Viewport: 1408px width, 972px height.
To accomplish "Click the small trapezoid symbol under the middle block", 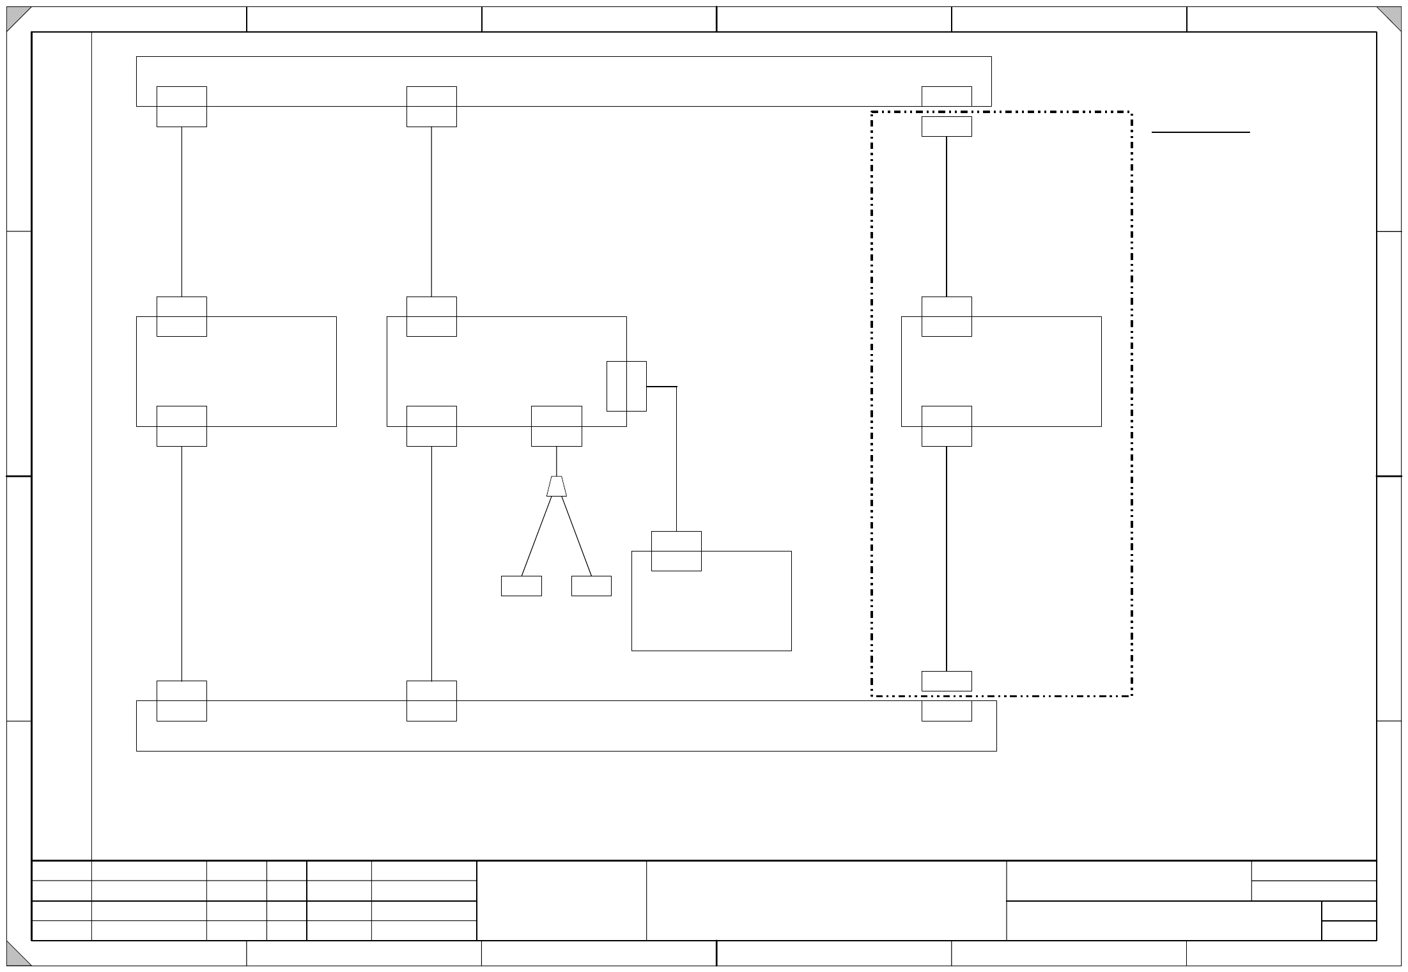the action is point(557,486).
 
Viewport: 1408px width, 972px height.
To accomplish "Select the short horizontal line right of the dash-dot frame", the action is point(1200,132).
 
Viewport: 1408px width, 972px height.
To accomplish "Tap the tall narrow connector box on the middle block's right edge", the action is point(626,386).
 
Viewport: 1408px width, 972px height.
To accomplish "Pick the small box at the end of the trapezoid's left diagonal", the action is point(521,586).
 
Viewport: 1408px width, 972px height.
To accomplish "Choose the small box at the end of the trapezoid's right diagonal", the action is point(591,586).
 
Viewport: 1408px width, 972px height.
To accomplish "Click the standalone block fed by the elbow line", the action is point(711,610).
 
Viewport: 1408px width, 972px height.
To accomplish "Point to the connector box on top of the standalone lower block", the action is point(676,551).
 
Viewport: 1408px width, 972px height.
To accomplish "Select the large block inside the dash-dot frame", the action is point(1035,371).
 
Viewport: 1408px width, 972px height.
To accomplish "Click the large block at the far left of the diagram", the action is point(256,371).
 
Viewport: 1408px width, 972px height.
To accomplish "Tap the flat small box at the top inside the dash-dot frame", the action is point(947,127).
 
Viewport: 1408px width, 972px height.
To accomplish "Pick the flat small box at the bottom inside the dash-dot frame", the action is point(947,681).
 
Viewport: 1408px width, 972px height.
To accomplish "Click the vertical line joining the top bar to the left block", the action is point(182,211).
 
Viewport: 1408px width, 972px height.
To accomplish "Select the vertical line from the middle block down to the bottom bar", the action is point(431,562).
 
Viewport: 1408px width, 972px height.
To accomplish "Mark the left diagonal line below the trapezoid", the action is point(536,537).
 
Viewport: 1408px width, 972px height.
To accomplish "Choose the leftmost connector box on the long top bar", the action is point(182,107).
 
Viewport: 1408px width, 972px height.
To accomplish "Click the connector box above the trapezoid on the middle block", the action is point(557,426).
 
